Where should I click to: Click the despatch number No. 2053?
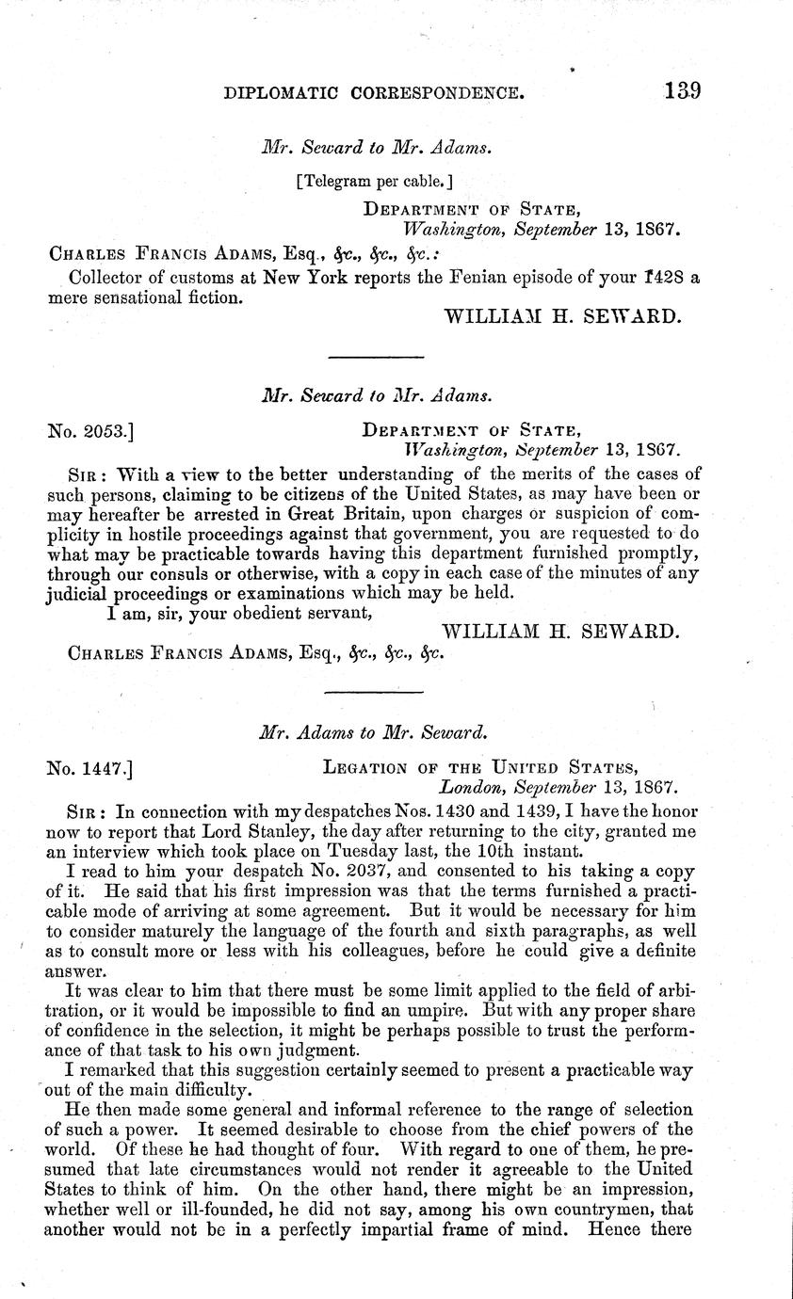90,431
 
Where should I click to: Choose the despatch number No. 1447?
90,768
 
